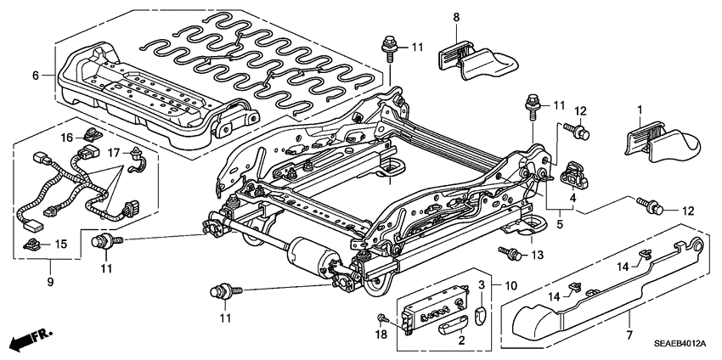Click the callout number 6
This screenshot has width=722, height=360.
(36, 76)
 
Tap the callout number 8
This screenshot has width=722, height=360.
(456, 17)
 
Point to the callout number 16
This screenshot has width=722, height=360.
(65, 136)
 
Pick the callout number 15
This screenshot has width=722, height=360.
(59, 245)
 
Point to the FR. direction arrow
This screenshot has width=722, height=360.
(26, 340)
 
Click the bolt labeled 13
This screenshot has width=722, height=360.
(510, 252)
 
